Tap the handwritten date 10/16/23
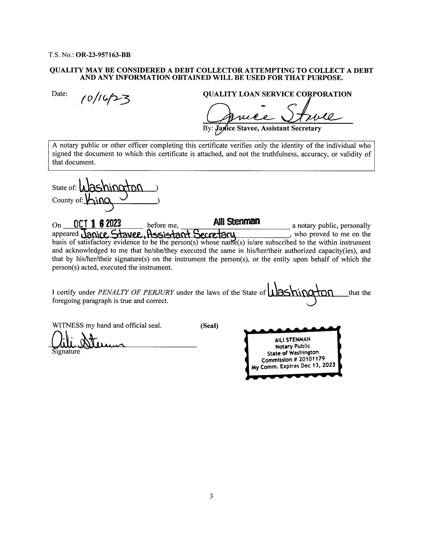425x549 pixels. [105, 99]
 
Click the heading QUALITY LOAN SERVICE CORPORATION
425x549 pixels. [277, 94]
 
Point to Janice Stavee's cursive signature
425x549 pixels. [274, 114]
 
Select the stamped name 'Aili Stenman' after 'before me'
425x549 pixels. [236, 221]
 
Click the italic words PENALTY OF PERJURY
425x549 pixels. [136, 293]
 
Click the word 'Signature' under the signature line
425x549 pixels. [66, 351]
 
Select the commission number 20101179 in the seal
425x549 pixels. [312, 359]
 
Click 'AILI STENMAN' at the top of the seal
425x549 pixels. [293, 340]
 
